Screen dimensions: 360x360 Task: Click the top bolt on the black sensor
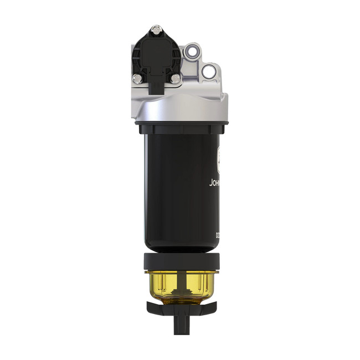[x=156, y=28]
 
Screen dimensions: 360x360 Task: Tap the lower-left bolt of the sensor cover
[x=136, y=79]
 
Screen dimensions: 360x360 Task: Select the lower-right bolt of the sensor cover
[x=175, y=79]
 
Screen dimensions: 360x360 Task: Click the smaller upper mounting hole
[x=192, y=52]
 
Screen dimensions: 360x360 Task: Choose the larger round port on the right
[x=208, y=71]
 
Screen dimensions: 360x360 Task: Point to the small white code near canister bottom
[x=218, y=235]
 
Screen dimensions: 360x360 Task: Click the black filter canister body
[x=177, y=188]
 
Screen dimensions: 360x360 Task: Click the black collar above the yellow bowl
[x=180, y=260]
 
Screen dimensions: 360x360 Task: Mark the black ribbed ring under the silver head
[x=180, y=128]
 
